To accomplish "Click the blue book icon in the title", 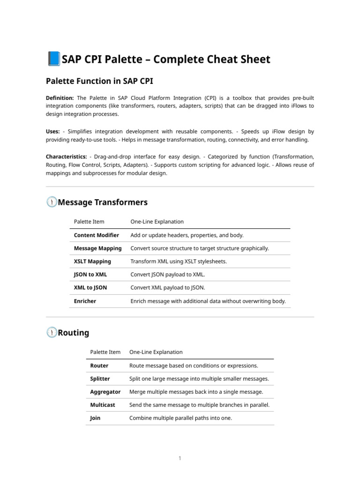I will [53, 59].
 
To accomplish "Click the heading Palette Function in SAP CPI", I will [99, 81].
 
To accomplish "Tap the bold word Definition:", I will [60, 98].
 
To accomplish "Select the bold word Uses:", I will [52, 132].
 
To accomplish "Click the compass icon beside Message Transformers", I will [52, 202].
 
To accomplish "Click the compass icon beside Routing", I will [52, 332].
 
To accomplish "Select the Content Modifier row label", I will [96, 235].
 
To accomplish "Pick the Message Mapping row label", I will [97, 248].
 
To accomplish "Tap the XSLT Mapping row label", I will [92, 262].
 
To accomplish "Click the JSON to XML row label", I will [90, 275].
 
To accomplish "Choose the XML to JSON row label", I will [90, 288].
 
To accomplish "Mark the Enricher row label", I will [85, 301].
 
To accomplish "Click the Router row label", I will [99, 366].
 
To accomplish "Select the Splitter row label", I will [100, 379].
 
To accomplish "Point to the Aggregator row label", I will [105, 392].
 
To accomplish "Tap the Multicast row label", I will [102, 405].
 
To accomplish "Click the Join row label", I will [95, 418].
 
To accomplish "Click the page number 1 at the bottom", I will [180, 458].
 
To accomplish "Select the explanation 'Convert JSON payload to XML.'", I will [167, 275].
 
